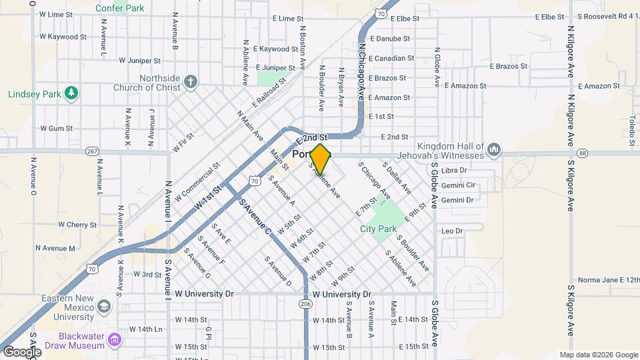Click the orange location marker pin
[x=320, y=159]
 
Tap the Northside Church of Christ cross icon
[x=191, y=82]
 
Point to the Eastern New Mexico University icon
[x=103, y=306]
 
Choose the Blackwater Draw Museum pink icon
[x=115, y=341]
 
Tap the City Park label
[x=378, y=229]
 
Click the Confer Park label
[x=120, y=8]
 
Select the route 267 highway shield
[x=92, y=152]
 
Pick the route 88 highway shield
[x=583, y=153]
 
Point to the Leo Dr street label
[x=451, y=231]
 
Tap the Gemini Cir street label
[x=457, y=185]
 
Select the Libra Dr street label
[x=453, y=171]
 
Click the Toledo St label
[x=631, y=130]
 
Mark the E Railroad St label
[x=269, y=92]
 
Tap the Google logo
[x=21, y=351]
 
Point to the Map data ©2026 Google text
[x=598, y=355]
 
